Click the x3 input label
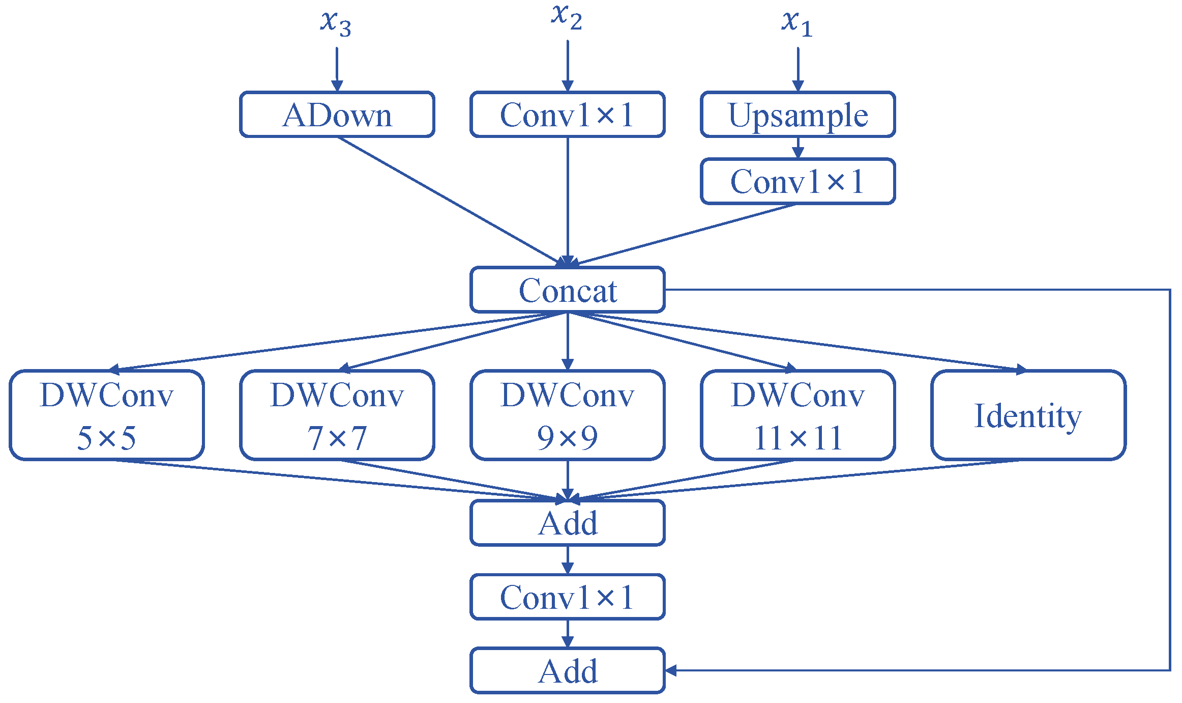(336, 23)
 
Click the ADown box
(337, 115)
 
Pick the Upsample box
(797, 115)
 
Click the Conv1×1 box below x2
(567, 115)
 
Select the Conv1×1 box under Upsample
(797, 181)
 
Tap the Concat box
(567, 290)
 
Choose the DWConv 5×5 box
(107, 415)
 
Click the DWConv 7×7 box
(337, 415)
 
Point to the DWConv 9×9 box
(567, 415)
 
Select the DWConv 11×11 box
(797, 415)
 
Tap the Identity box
(1028, 415)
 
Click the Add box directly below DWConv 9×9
(567, 523)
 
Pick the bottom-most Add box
(567, 670)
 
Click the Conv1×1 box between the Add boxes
(567, 597)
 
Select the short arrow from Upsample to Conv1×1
(797, 148)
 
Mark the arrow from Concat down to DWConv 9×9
(568, 341)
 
